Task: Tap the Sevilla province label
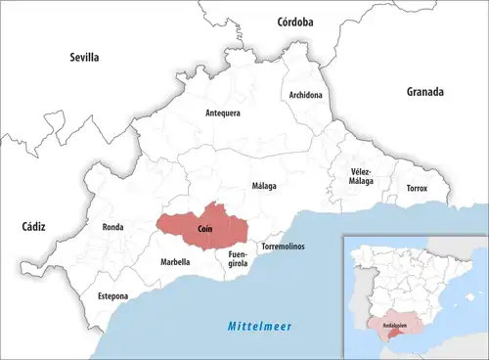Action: (84, 58)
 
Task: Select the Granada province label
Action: (424, 92)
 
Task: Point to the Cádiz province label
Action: (33, 226)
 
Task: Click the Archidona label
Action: (306, 95)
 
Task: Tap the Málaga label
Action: (264, 185)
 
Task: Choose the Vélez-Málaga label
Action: (362, 177)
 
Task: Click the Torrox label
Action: (417, 187)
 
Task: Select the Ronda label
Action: (112, 228)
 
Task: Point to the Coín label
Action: (205, 228)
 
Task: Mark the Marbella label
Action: (175, 261)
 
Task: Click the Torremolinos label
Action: (282, 247)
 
